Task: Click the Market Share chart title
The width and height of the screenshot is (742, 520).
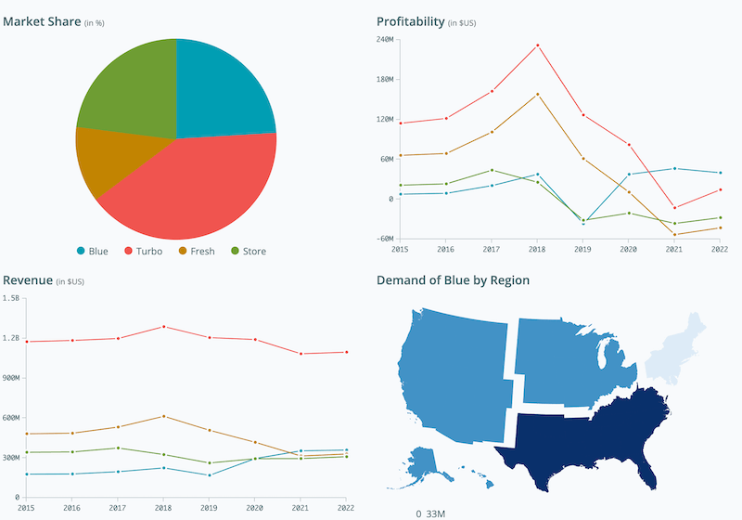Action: click(41, 20)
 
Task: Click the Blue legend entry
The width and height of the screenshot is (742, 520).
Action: click(92, 251)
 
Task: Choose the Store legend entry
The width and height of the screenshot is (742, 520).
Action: click(248, 251)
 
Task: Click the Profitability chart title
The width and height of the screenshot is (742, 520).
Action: click(410, 20)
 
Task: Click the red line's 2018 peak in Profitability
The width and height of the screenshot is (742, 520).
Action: click(538, 45)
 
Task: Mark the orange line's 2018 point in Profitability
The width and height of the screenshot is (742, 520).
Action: click(538, 94)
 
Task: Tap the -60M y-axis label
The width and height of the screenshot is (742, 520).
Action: click(385, 239)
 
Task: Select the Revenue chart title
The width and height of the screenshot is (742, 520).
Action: click(28, 279)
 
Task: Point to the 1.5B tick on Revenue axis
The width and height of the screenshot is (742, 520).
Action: click(11, 298)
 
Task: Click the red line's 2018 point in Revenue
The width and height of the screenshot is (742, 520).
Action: click(163, 327)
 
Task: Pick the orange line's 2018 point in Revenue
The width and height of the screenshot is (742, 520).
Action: click(163, 416)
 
